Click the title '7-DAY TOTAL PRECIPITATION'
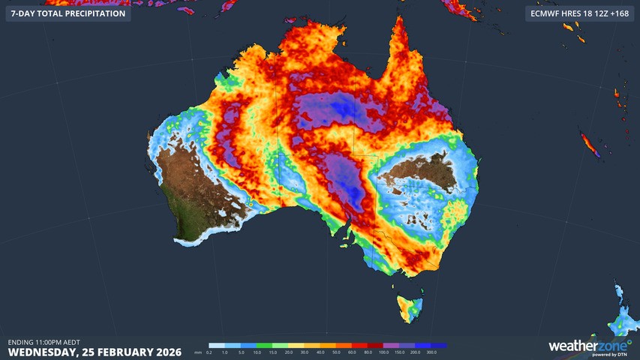tap(68, 13)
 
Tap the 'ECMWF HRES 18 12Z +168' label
tap(578, 13)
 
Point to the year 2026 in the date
tap(165, 351)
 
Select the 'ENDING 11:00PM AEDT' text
tap(44, 342)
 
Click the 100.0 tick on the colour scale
tap(383, 352)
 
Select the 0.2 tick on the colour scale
tap(209, 352)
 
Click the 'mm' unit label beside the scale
tap(198, 352)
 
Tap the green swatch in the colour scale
tap(263, 346)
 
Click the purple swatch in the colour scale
tap(401, 346)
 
